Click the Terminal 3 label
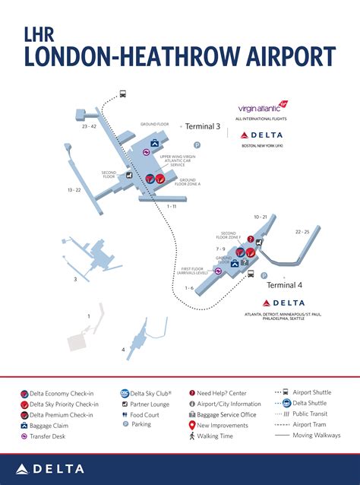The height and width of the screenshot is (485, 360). pos(203,127)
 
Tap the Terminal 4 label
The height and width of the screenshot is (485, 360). pos(284,285)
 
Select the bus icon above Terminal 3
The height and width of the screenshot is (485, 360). pos(122,94)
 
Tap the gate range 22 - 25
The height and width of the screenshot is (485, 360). pos(302,231)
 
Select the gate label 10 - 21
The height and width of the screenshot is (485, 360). pos(261,217)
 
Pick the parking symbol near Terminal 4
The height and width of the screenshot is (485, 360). pos(263,276)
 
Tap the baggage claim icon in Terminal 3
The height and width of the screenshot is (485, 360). pos(154,142)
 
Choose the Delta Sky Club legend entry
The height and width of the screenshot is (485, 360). pos(150,393)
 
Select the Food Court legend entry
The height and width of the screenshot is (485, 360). pos(147,415)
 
